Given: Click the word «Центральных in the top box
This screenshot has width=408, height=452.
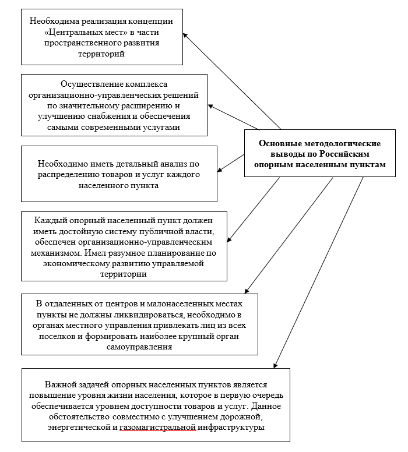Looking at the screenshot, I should click(x=72, y=32).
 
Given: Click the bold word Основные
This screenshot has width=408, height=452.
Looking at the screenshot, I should click(x=280, y=143).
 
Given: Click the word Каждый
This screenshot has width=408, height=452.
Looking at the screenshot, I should click(x=49, y=220).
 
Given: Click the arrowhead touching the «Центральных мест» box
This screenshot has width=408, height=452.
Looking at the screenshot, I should click(x=185, y=35).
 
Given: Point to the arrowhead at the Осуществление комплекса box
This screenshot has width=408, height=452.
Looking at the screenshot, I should click(x=211, y=106).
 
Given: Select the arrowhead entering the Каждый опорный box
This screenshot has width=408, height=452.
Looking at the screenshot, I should click(x=230, y=239).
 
